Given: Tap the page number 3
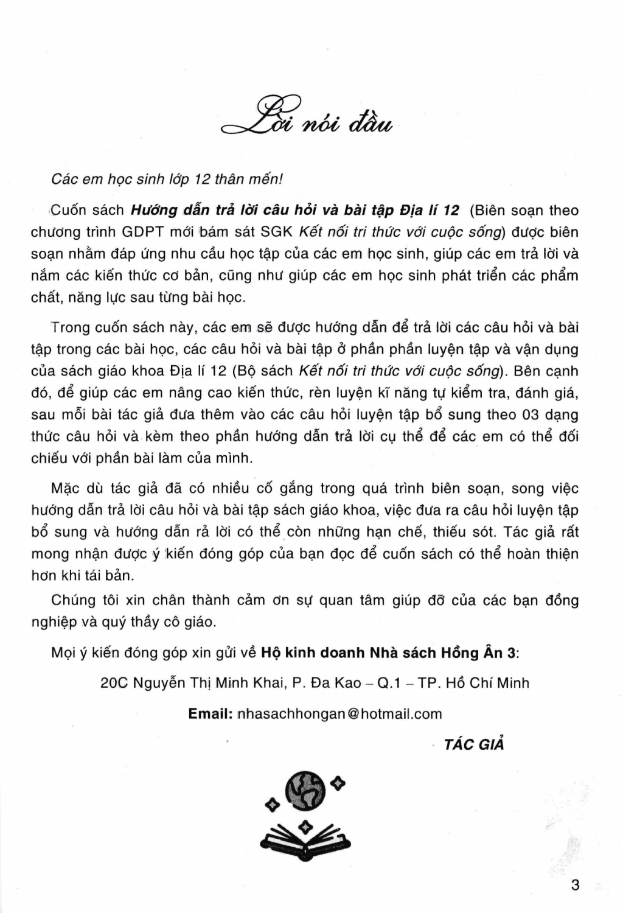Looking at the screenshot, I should (576, 884).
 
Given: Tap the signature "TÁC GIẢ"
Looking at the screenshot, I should (474, 744).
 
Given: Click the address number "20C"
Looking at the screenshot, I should (113, 683).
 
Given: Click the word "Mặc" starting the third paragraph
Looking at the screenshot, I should (64, 489).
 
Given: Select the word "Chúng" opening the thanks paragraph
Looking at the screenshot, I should (74, 600).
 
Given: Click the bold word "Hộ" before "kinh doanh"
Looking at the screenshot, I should (271, 653).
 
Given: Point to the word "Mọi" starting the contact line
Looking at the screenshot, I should (63, 653).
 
